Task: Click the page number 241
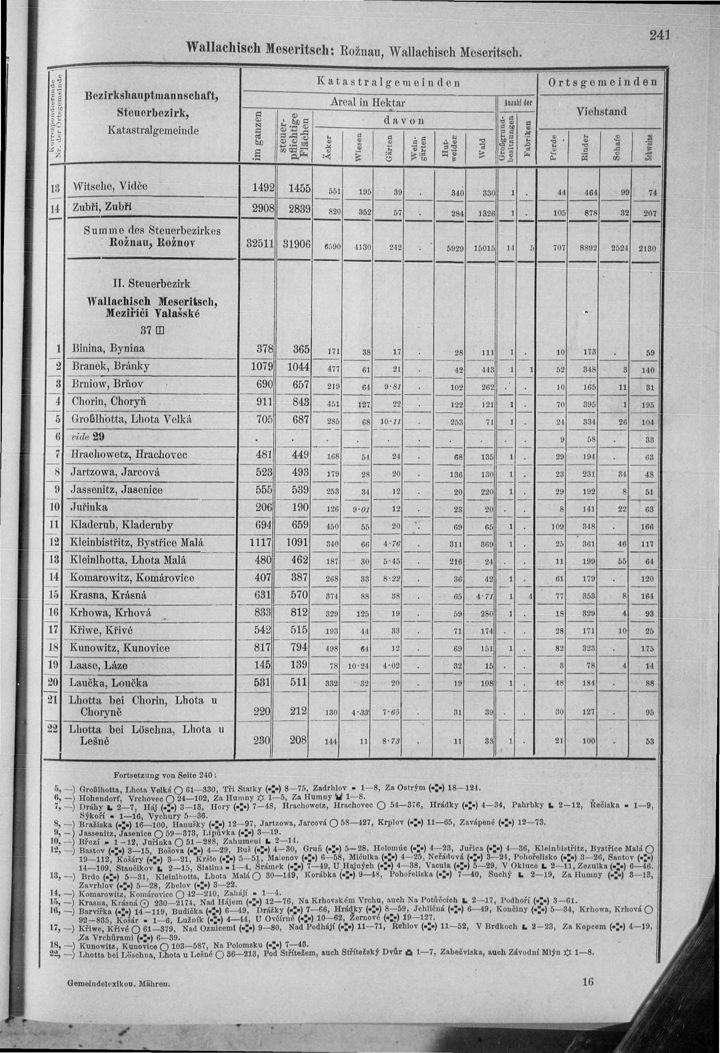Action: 660,35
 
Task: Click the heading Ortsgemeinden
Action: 603,82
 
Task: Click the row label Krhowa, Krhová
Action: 111,613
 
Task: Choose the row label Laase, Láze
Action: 98,665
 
